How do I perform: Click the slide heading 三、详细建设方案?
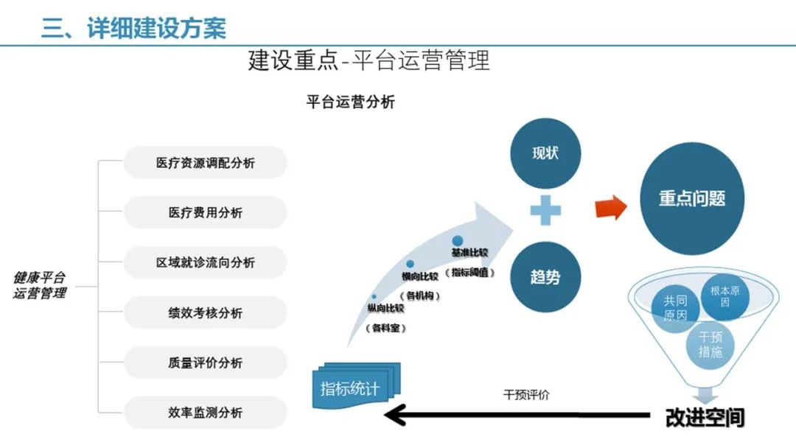(x=133, y=27)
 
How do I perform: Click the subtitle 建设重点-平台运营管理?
(x=369, y=60)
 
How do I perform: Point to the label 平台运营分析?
(x=350, y=102)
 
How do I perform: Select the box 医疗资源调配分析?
(x=205, y=163)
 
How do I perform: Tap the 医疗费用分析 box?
(x=205, y=213)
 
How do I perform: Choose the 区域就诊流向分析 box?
(x=205, y=263)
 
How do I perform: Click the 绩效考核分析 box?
(x=205, y=313)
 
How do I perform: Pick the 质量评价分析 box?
(x=205, y=363)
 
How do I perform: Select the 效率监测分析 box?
(x=205, y=413)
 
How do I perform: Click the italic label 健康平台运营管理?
(x=41, y=285)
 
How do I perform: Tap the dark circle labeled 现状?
(x=545, y=153)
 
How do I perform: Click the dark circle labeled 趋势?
(x=545, y=277)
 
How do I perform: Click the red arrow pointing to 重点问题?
(x=611, y=207)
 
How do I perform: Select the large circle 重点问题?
(x=691, y=198)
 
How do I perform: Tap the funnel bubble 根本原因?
(x=725, y=296)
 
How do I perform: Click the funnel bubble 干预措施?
(x=711, y=344)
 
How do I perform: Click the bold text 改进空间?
(x=705, y=417)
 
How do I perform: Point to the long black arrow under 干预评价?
(x=516, y=416)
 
